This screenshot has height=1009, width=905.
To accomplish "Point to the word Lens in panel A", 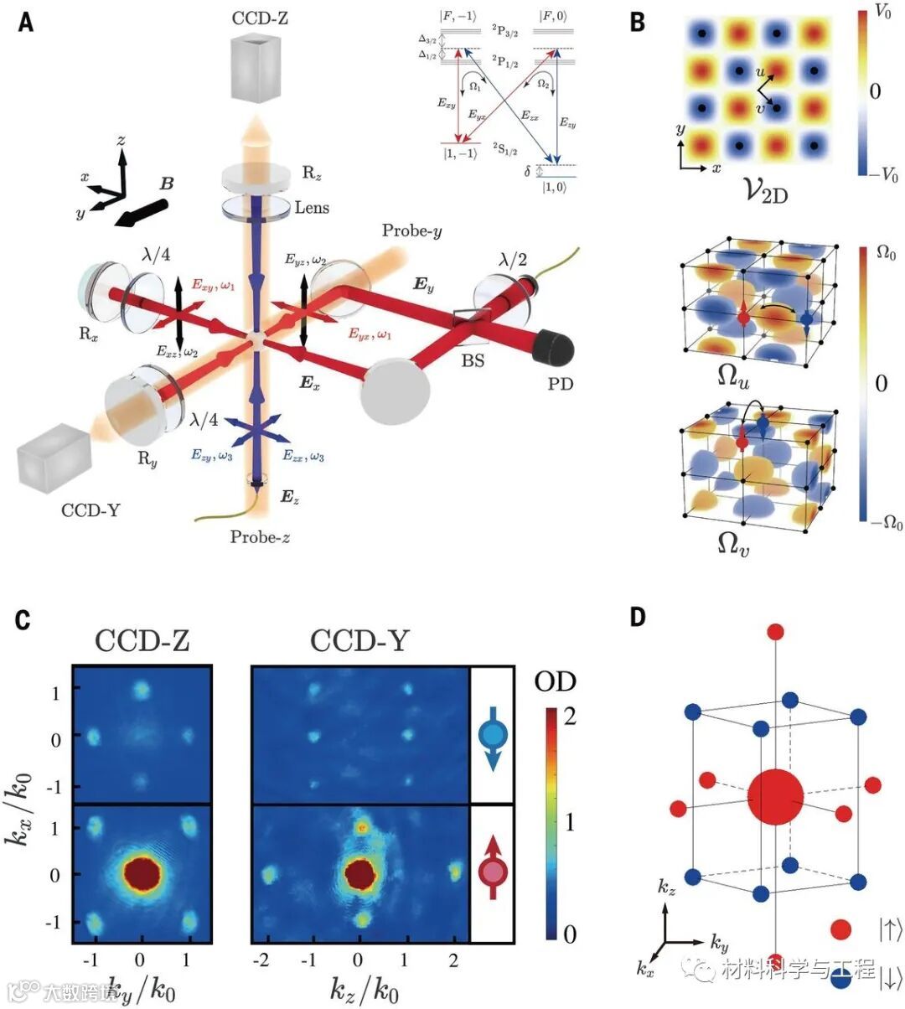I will click(x=311, y=207).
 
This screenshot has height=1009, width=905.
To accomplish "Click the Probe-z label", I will click(x=261, y=537).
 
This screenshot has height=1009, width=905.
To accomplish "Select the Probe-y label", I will click(x=412, y=230).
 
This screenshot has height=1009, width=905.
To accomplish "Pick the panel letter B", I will click(x=638, y=23).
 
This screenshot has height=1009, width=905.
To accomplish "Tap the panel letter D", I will click(x=638, y=618).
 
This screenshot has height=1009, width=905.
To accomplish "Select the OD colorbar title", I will click(x=556, y=680).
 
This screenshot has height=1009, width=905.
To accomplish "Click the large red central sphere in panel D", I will click(x=775, y=797).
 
